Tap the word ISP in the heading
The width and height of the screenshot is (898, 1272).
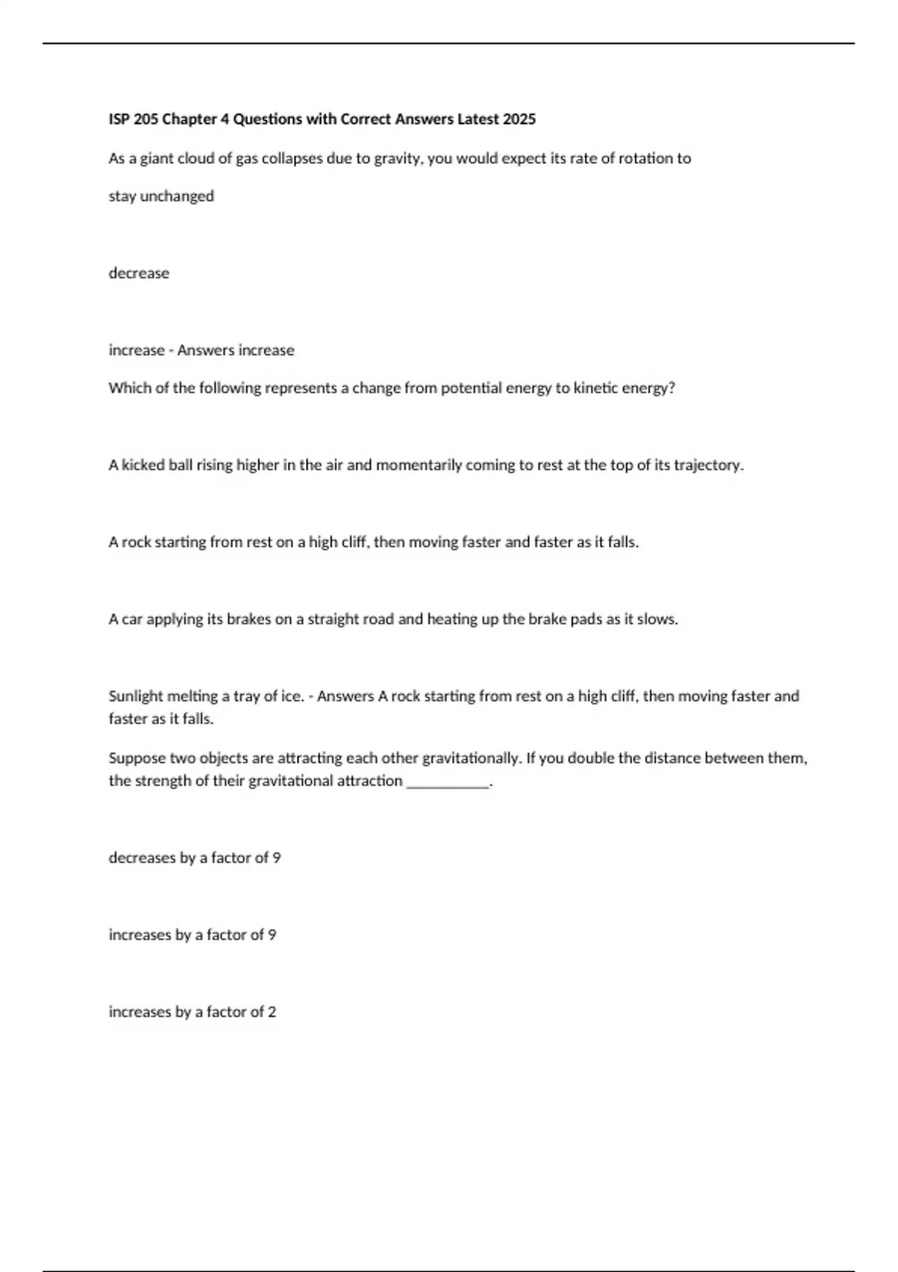[119, 119]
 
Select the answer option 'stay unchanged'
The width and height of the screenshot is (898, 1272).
[161, 196]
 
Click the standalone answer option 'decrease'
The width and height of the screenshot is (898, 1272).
[138, 273]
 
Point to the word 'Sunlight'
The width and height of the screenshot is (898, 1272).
[135, 697]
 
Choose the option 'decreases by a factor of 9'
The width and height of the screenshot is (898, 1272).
[195, 858]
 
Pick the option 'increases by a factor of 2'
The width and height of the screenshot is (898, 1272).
[192, 1012]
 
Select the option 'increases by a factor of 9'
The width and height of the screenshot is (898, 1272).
[192, 935]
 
